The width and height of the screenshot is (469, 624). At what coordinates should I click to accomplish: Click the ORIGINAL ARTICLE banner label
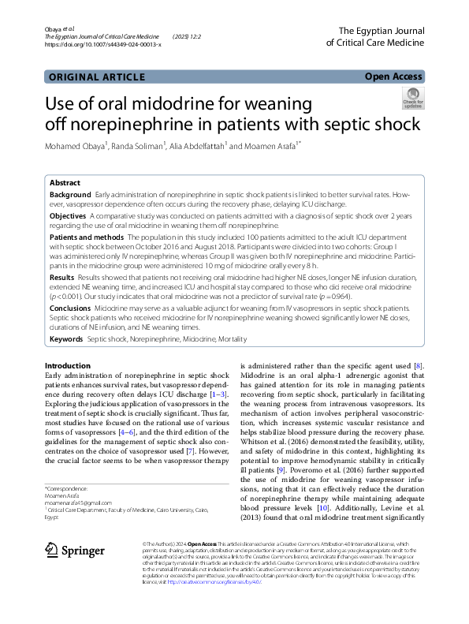96,77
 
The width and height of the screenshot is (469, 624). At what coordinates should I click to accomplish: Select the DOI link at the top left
103,45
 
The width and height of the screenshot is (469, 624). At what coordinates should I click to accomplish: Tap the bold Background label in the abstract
70,194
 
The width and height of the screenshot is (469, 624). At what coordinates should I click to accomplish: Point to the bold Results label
62,278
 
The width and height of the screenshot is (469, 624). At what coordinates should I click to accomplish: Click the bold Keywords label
66,339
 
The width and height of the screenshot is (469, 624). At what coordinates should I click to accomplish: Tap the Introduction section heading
67,366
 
